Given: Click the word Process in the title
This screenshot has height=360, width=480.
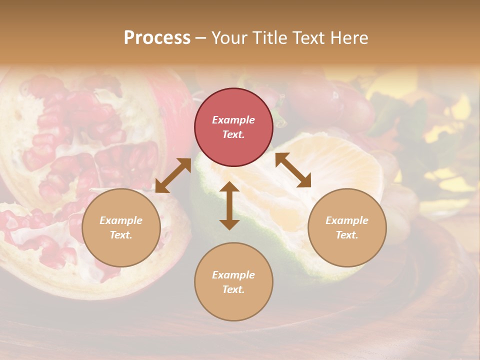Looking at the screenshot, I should (x=157, y=38).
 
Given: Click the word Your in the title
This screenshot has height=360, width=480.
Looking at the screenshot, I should (x=230, y=38).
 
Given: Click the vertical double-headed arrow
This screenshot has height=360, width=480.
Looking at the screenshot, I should (x=229, y=205).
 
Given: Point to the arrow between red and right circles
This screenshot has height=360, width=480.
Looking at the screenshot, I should (x=293, y=170).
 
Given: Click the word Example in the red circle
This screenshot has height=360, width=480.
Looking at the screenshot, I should (x=233, y=120).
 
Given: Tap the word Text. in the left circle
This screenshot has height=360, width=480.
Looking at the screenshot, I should (x=121, y=235).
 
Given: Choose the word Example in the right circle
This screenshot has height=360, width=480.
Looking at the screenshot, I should (x=347, y=220).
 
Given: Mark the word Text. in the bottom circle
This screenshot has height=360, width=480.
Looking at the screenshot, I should (x=233, y=289).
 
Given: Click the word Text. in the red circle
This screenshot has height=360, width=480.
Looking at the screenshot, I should (x=233, y=134).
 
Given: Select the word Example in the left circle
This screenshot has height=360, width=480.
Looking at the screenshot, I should (x=121, y=220).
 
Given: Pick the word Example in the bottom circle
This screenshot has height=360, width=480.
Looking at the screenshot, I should (x=233, y=275).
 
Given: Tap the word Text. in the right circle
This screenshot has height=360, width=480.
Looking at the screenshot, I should (x=347, y=235).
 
